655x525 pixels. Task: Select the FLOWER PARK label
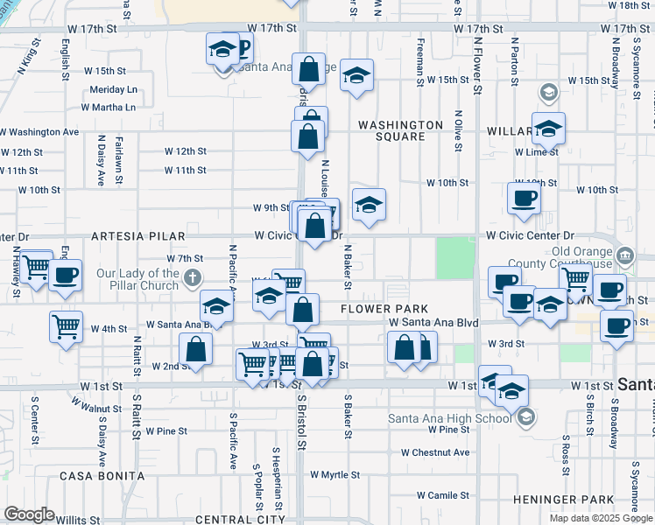pos(384,309)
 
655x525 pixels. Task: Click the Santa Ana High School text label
pos(450,417)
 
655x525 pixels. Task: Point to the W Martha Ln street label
pos(109,108)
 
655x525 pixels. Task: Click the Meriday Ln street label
pos(115,89)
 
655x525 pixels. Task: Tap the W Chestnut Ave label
pos(435,452)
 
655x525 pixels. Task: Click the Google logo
pos(29,514)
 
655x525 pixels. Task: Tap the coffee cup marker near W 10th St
pos(524,199)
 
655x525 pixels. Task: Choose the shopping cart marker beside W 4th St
pos(67,328)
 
